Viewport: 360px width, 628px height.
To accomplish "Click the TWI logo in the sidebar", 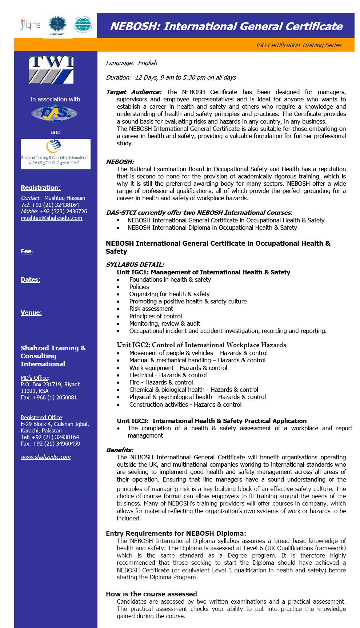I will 51,70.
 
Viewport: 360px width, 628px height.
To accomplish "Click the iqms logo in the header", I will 30,25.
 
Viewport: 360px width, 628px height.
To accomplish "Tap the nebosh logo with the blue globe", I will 57,25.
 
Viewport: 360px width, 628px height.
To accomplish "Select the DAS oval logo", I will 54,114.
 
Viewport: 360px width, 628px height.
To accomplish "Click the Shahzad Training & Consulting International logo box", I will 56,154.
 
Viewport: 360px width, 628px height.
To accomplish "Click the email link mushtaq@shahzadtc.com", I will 51,218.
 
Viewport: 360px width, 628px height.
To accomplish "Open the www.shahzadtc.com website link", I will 45,457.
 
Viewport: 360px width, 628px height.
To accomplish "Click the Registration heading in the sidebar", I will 40,188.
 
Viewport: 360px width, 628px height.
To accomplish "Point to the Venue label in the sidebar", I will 31,313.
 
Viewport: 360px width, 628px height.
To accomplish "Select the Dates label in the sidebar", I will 30,279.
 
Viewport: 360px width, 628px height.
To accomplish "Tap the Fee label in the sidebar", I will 26,251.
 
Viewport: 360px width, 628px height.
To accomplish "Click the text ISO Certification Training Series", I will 298,45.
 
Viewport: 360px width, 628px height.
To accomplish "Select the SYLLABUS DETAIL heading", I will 135,265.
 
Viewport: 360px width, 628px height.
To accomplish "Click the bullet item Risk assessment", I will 151,309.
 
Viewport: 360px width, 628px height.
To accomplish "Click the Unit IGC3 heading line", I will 211,421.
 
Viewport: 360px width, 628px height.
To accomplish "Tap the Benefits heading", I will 120,450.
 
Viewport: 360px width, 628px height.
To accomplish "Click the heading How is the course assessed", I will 151,594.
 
